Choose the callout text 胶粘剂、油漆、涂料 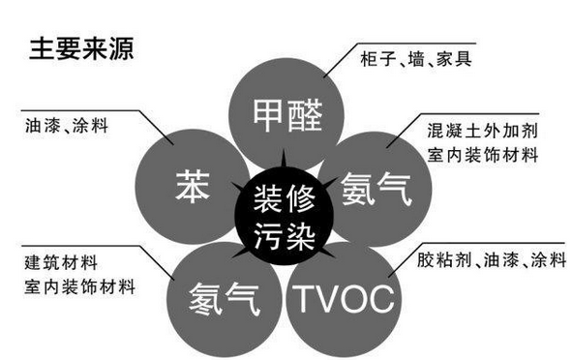tap(480, 260)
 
